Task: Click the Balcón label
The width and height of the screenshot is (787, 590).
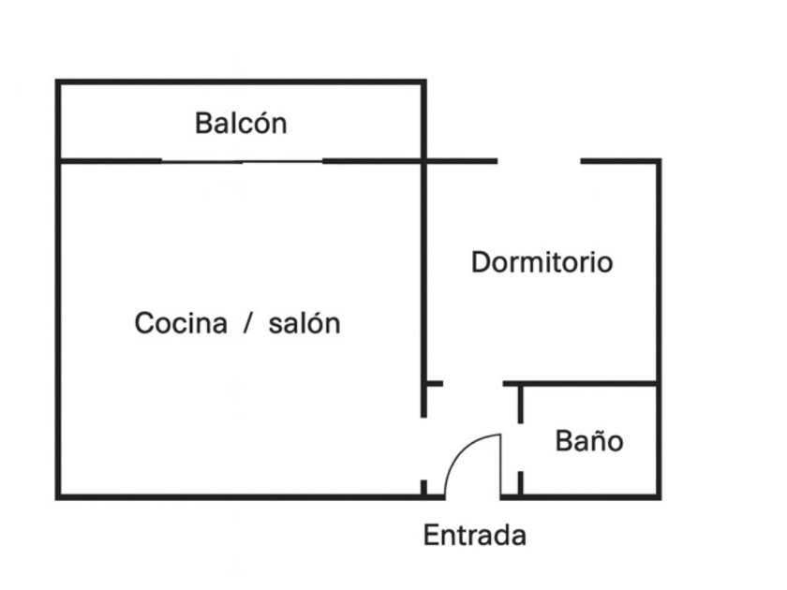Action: click(241, 123)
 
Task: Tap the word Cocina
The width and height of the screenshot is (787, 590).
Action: click(181, 323)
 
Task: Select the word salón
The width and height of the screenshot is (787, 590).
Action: click(304, 323)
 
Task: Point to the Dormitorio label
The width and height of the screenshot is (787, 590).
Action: click(542, 262)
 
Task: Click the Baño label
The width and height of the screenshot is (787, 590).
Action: click(588, 440)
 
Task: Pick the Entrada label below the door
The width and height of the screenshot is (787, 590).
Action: click(474, 536)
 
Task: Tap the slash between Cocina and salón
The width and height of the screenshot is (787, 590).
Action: click(248, 323)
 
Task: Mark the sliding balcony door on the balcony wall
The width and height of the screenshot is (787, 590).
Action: click(242, 161)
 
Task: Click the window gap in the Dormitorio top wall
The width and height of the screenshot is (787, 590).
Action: click(539, 161)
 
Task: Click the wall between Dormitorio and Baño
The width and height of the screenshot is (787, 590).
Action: click(586, 383)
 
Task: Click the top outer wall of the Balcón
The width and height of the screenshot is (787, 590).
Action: click(241, 82)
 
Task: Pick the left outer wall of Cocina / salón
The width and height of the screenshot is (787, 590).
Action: click(59, 328)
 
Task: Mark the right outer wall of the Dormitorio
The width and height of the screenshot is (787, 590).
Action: click(659, 272)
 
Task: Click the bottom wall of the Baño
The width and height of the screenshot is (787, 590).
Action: click(590, 496)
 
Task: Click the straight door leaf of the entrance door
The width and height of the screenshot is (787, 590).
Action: click(500, 465)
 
